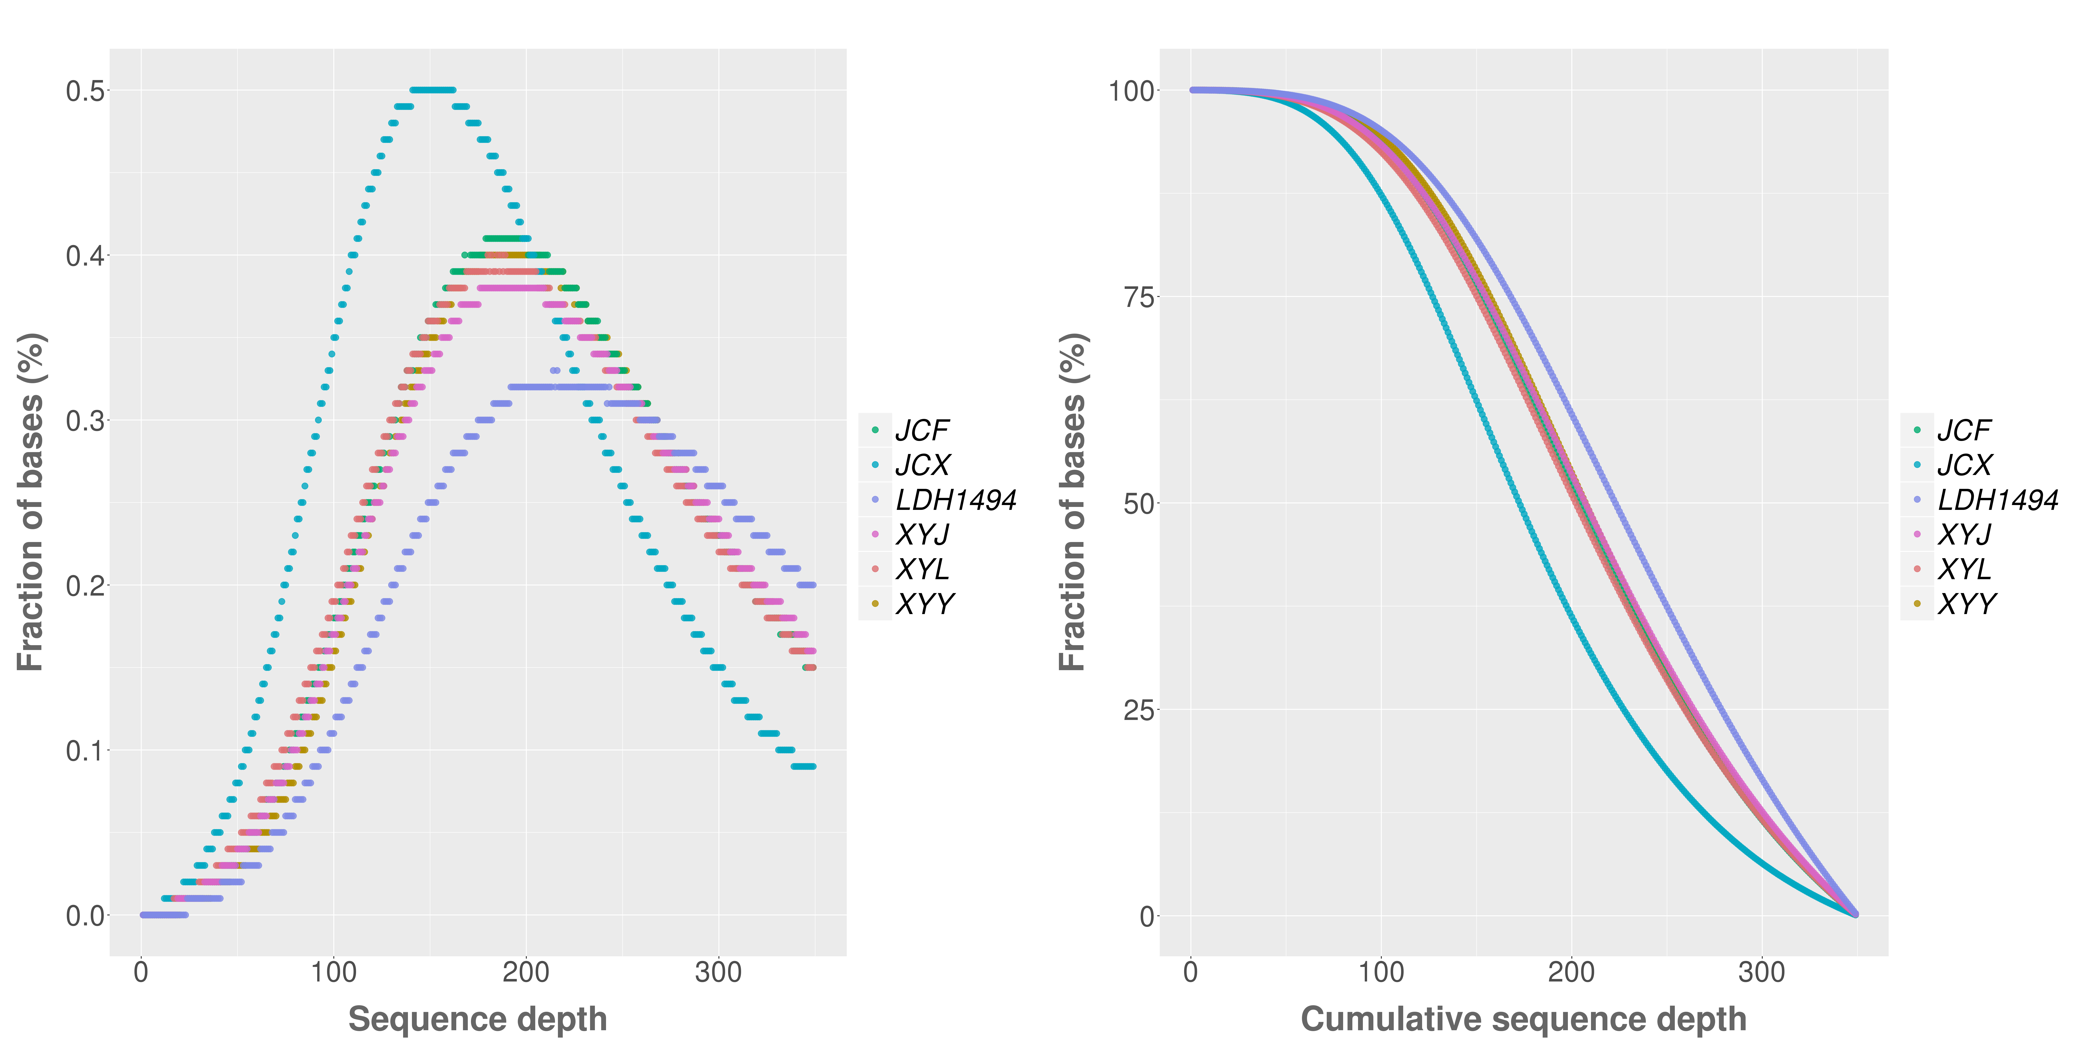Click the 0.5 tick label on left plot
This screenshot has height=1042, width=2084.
point(85,91)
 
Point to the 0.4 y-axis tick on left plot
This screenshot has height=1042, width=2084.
point(85,256)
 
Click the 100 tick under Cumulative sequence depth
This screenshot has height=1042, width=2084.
point(1381,972)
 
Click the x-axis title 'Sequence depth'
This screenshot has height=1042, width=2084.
point(477,1018)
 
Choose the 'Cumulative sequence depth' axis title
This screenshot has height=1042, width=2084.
point(1523,1018)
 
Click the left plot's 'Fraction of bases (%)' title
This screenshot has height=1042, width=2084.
point(31,502)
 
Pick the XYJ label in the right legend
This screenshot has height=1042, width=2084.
point(1964,535)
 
